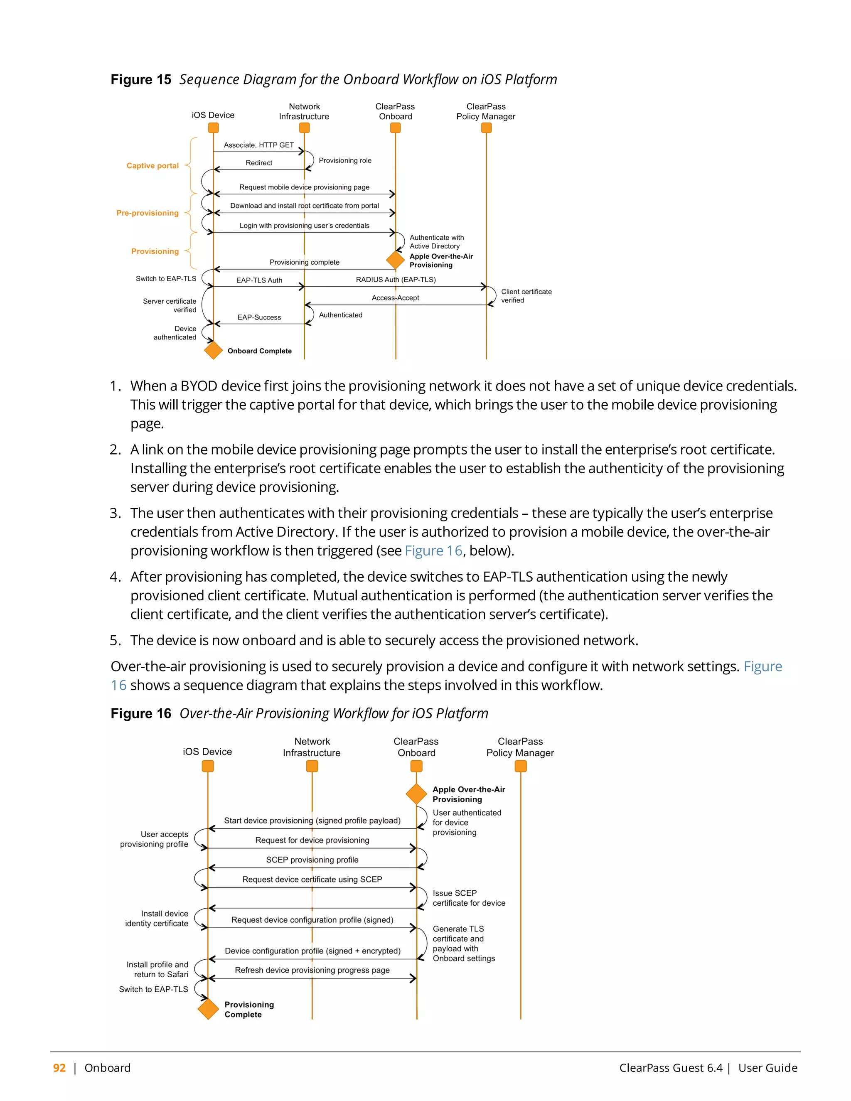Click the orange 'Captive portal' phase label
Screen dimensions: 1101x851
coord(152,165)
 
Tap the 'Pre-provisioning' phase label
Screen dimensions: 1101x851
coord(147,213)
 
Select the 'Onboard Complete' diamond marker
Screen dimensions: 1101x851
coord(213,350)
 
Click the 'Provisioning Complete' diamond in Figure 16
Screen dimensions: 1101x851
coord(208,1009)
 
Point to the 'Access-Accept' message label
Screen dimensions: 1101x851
coord(395,298)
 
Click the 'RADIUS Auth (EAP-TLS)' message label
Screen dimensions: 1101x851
coord(396,279)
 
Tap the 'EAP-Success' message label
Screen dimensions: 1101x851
coord(259,317)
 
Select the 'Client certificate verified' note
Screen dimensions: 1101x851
coord(526,296)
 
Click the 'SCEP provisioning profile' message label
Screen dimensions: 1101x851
coord(312,860)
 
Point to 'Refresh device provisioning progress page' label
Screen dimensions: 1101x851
coord(312,970)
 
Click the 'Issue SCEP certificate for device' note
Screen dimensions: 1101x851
coord(468,898)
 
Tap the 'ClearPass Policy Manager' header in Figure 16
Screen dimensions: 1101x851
coord(520,747)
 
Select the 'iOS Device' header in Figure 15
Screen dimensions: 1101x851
coord(213,115)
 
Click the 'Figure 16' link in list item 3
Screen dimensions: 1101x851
coord(433,550)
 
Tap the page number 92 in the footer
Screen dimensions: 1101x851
coord(59,1068)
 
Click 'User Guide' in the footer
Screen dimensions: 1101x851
coord(767,1068)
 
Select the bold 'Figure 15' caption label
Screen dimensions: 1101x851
coord(141,80)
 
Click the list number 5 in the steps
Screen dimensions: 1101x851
coord(115,640)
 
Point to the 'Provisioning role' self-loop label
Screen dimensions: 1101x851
coord(345,160)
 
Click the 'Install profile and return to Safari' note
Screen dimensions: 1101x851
coord(157,969)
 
